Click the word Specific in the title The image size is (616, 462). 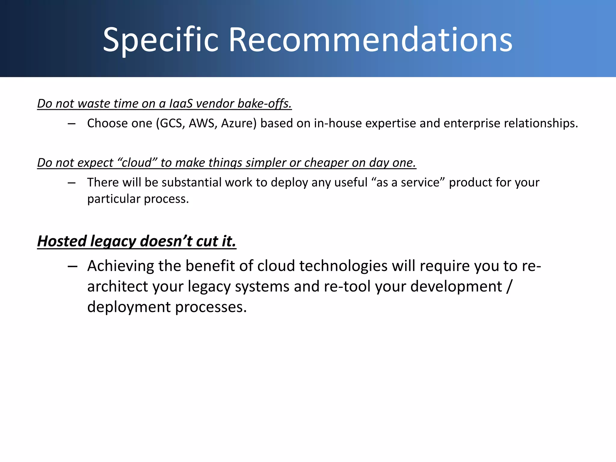pos(161,40)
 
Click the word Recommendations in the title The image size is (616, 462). pos(371,40)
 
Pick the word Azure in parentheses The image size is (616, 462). pos(238,123)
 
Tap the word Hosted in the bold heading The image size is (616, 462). pos(62,241)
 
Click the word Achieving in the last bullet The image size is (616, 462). pos(121,266)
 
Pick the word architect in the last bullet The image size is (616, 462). pos(118,286)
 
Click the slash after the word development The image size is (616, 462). pos(509,286)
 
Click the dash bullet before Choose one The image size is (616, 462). pos(72,124)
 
